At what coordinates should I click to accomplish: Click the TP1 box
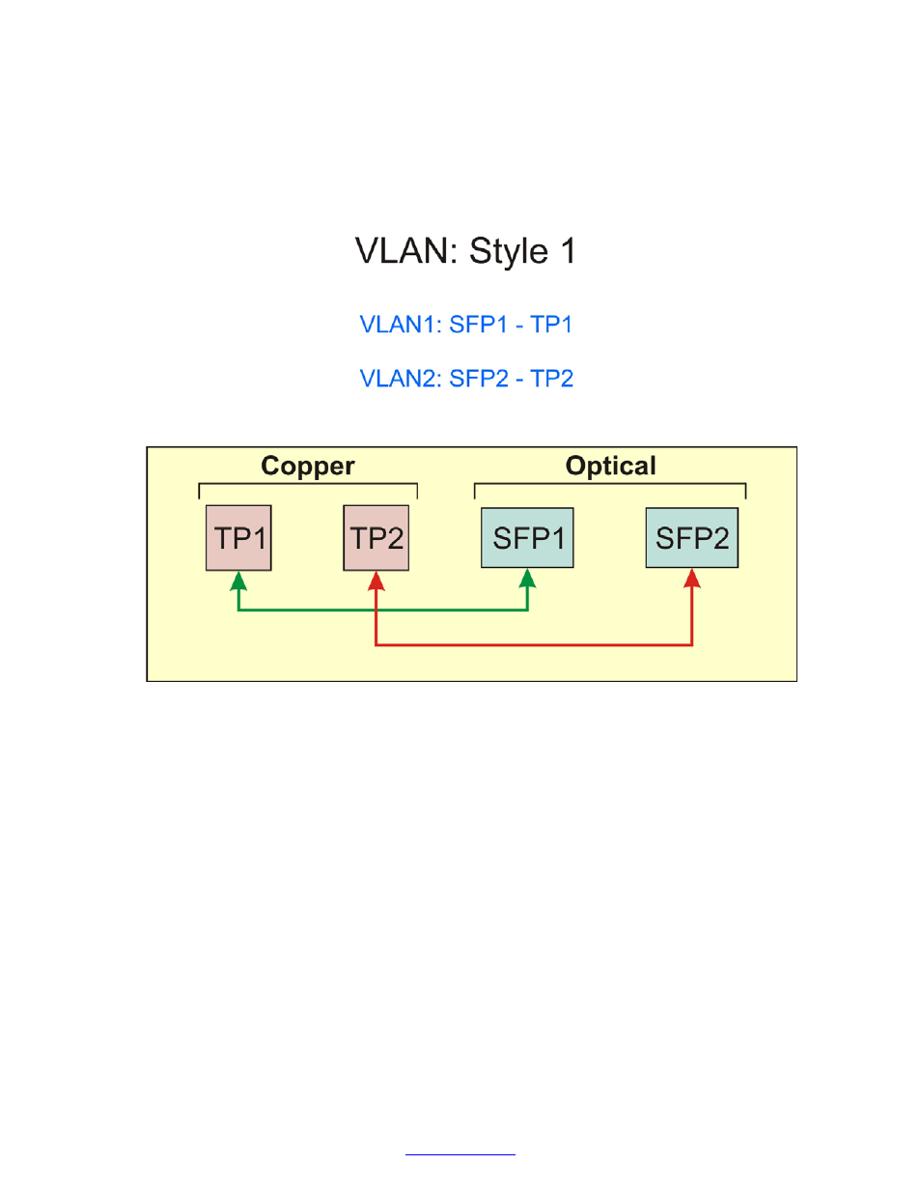[238, 538]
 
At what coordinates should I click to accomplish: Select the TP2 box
[377, 538]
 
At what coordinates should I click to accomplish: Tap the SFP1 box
[527, 538]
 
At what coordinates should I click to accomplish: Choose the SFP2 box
[691, 538]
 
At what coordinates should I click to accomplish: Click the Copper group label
[308, 466]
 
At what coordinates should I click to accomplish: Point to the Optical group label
[610, 466]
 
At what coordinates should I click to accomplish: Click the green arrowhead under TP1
[238, 580]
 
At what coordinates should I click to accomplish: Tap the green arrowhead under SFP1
[527, 578]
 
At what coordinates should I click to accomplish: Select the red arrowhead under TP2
[377, 580]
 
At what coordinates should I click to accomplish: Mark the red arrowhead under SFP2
[692, 578]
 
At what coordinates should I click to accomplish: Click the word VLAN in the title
[405, 251]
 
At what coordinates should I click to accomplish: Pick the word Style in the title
[509, 251]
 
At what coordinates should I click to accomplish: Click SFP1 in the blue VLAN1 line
[478, 325]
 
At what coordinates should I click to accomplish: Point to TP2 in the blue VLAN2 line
[552, 379]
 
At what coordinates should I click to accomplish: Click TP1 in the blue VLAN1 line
[551, 325]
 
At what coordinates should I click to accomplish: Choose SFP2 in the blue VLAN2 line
[479, 379]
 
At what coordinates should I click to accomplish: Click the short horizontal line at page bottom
[460, 1153]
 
